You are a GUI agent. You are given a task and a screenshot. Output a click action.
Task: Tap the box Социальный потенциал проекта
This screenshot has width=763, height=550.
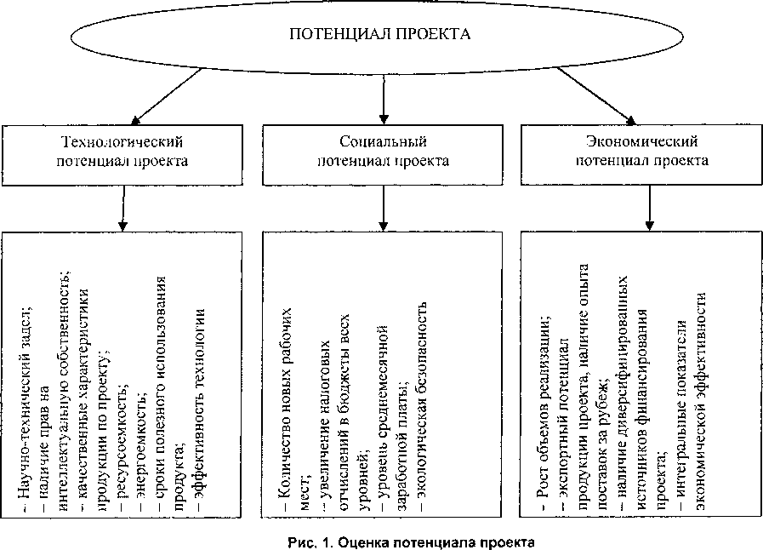coord(383,150)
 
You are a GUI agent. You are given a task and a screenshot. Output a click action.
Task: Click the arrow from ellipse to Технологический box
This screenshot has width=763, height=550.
coord(162,94)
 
